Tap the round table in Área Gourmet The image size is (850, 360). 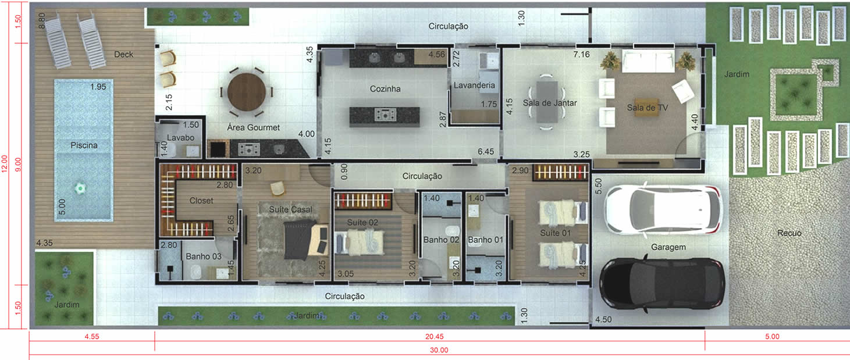[247, 92]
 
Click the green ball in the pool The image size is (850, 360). [80, 188]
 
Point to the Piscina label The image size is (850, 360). [84, 145]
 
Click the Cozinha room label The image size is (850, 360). [385, 89]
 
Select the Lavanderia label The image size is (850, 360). [474, 85]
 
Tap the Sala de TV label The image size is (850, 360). [648, 108]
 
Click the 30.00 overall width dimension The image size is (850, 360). [439, 350]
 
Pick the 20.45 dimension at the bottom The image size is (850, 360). [435, 337]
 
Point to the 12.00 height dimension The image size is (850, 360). [5, 163]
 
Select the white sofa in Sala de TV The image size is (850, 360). [648, 62]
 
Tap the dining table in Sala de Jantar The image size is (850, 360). [547, 102]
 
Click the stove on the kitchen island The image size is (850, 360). [385, 115]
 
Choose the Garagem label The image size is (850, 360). [668, 247]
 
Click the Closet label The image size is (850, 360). [201, 201]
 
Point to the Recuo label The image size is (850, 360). [789, 233]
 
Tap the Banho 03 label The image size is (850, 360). [204, 256]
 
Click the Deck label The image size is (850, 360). [124, 55]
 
